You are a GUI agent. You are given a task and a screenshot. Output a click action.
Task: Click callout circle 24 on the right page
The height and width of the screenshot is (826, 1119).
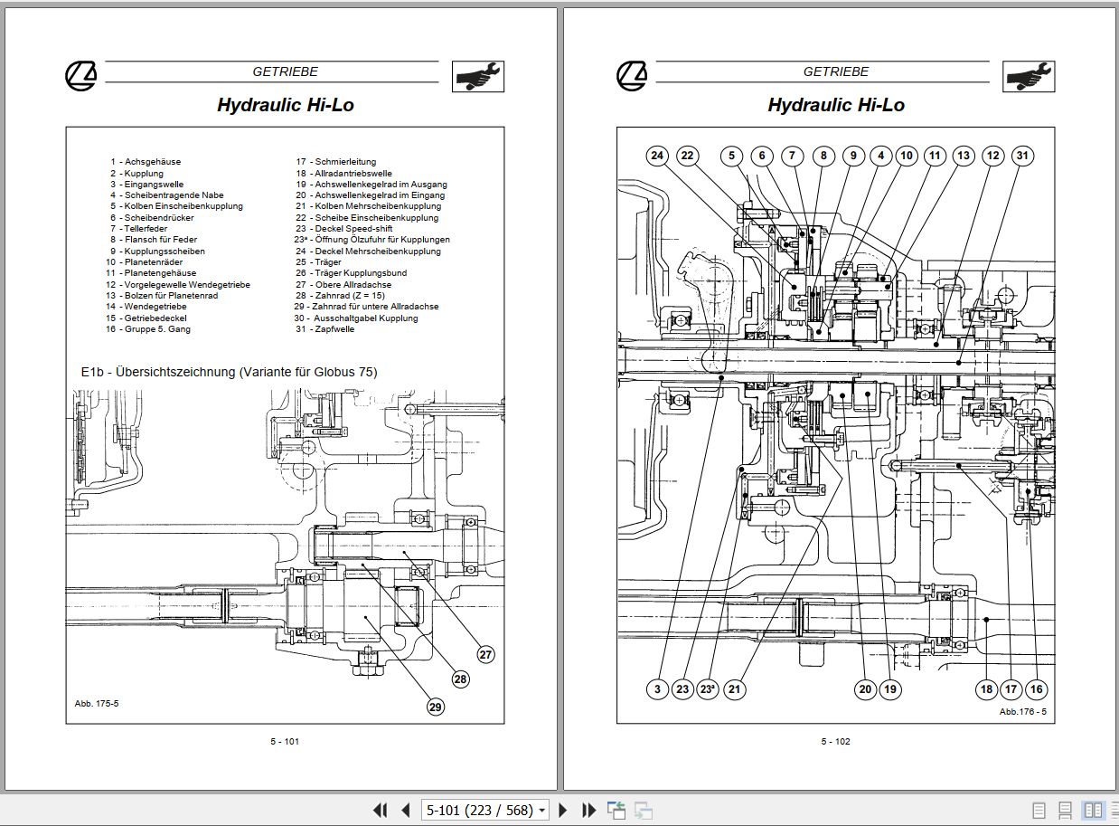(x=657, y=156)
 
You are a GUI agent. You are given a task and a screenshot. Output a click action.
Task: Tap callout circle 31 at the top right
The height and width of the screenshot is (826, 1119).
(x=1021, y=156)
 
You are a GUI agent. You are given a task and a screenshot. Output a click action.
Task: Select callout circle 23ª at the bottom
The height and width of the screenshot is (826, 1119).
(x=708, y=688)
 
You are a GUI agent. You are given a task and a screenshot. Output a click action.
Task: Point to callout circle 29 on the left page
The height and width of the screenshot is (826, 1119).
(x=436, y=707)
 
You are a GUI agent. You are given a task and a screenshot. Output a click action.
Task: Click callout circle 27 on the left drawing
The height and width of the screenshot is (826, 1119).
(x=486, y=654)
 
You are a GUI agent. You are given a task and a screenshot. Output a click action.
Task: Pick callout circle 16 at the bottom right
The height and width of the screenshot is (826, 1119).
(x=1036, y=688)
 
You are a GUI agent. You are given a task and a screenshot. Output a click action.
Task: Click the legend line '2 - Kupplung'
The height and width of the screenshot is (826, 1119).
(x=136, y=173)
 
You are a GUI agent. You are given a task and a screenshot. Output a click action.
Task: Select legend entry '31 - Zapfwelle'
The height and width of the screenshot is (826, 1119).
(x=325, y=329)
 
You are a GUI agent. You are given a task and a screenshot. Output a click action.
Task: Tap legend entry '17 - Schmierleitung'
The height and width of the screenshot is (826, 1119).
(x=335, y=162)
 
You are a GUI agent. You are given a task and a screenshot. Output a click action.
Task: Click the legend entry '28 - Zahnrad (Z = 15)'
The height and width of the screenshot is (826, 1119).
(x=340, y=296)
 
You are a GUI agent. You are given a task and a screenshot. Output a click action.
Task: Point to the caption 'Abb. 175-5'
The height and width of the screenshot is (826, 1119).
(x=96, y=703)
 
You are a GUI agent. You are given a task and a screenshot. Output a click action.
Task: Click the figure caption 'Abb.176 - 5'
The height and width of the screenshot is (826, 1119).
(x=1022, y=712)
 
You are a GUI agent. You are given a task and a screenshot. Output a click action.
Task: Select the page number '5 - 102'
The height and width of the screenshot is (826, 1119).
(x=835, y=742)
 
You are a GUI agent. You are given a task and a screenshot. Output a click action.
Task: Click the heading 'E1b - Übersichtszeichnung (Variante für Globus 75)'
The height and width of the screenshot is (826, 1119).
(x=229, y=372)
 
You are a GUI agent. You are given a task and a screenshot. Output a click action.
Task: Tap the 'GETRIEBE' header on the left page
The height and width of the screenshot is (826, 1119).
(x=285, y=71)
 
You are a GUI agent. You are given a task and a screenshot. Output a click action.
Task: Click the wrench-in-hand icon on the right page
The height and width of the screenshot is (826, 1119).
(x=1028, y=77)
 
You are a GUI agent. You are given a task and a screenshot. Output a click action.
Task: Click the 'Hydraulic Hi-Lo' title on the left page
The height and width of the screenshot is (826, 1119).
(x=285, y=105)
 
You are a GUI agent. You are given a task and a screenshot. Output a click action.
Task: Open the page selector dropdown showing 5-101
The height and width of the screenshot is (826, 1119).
(x=485, y=810)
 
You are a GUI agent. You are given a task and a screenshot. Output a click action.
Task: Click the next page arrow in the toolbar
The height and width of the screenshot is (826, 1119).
(x=563, y=810)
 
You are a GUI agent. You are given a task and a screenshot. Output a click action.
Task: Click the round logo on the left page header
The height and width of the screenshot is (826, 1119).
(x=80, y=77)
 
